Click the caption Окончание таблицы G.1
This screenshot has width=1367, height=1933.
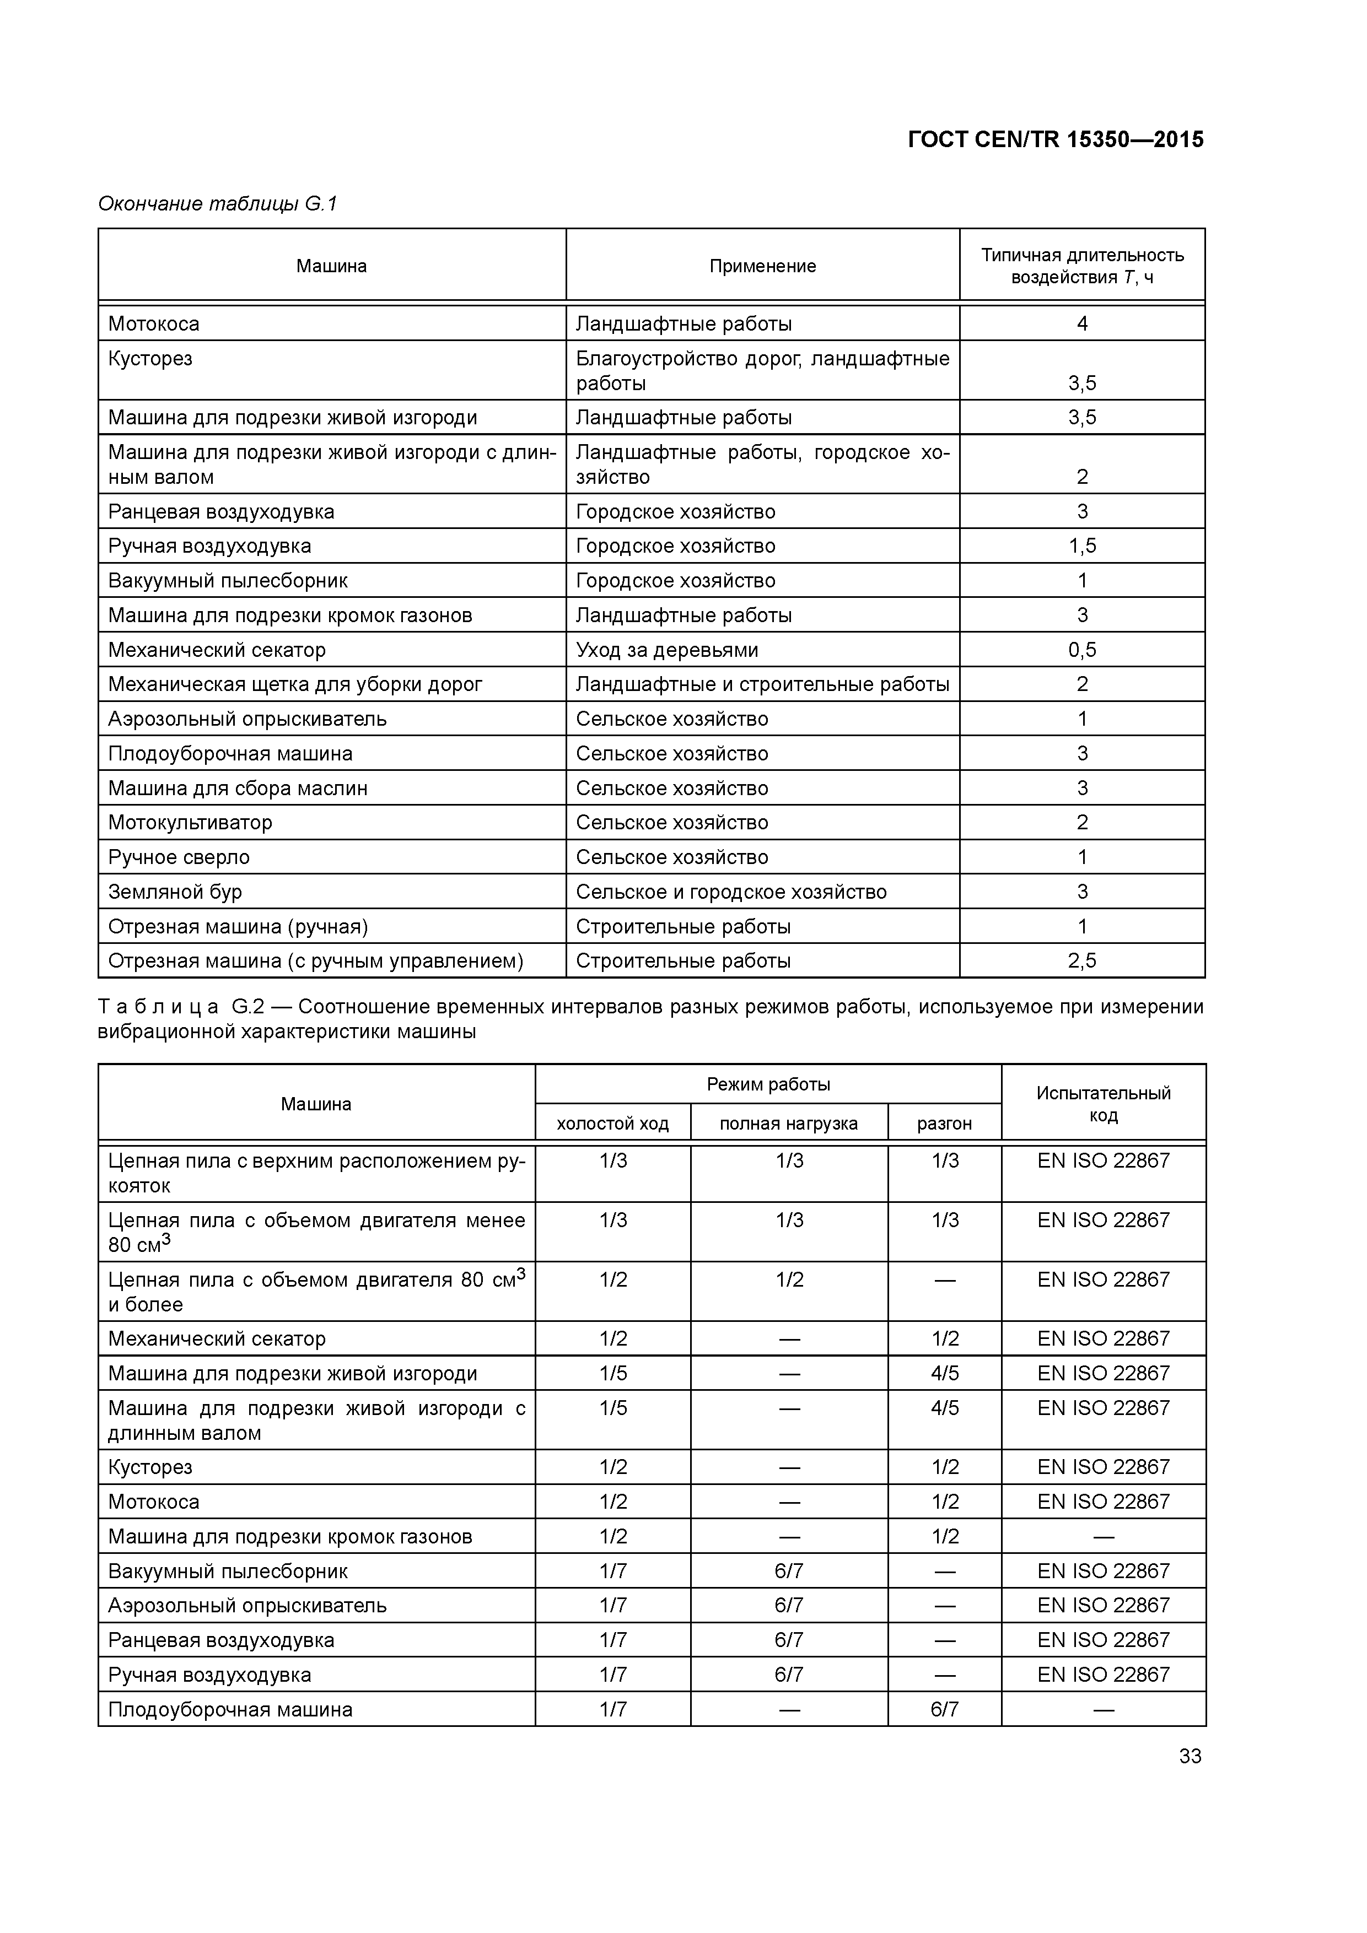tap(217, 204)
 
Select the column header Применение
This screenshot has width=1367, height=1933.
tap(762, 266)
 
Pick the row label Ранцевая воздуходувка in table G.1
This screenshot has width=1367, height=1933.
tap(220, 512)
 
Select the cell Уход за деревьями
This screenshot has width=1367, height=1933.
tap(666, 650)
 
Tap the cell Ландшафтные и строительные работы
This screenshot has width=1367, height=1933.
tap(762, 684)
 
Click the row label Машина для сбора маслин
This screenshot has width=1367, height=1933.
tap(238, 788)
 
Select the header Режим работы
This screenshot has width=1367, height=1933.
tap(768, 1084)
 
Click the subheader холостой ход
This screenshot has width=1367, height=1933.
tap(612, 1123)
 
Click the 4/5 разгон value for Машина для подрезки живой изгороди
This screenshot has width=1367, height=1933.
tap(944, 1373)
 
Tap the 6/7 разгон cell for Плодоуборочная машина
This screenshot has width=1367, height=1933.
tap(944, 1710)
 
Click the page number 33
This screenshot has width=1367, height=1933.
tap(1190, 1756)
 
